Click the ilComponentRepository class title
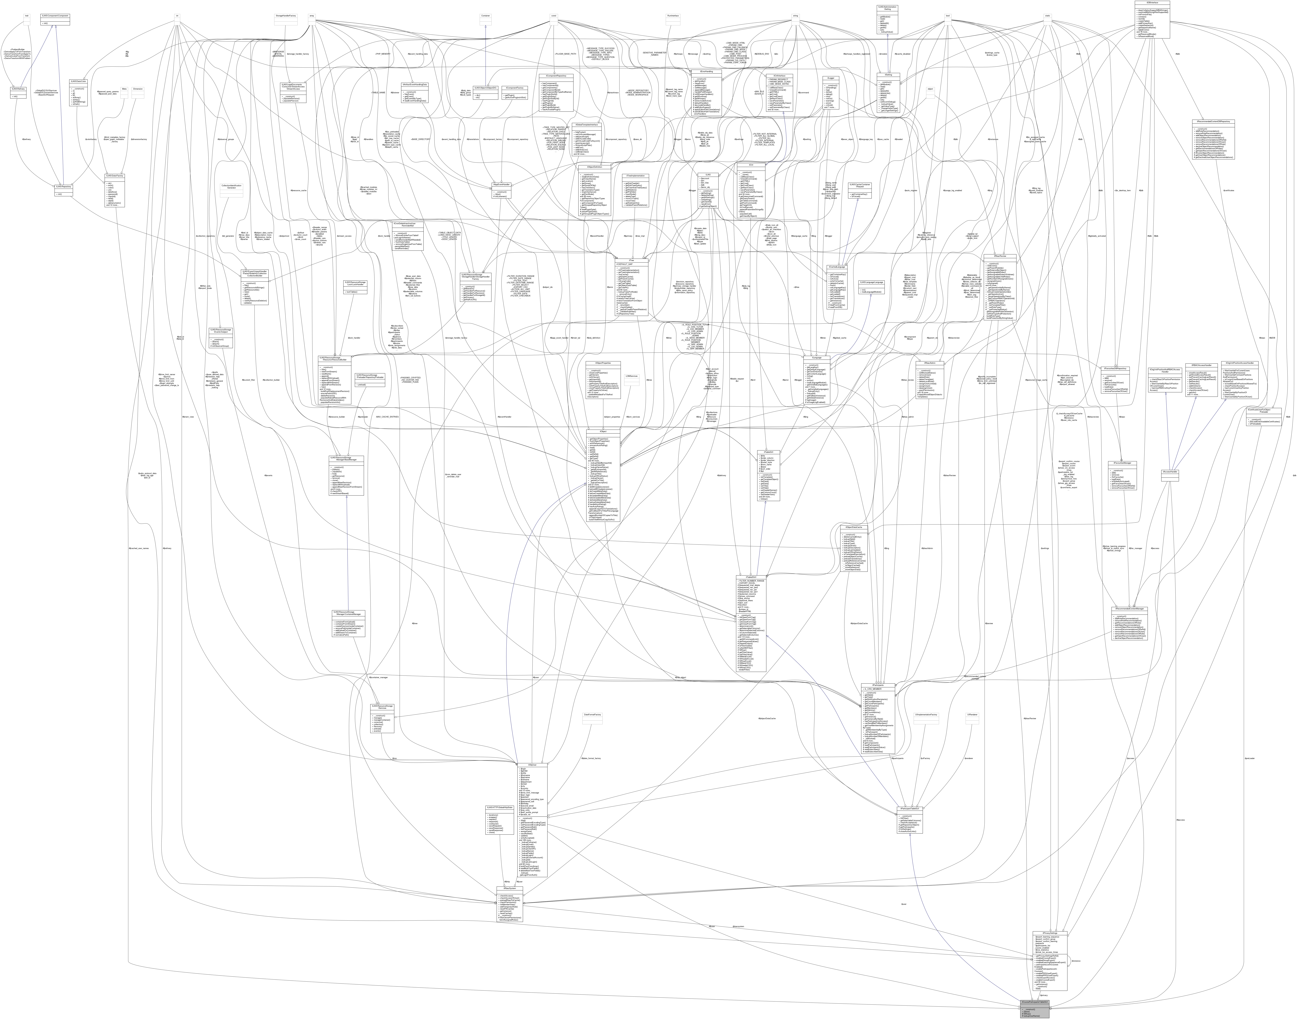(x=556, y=76)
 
